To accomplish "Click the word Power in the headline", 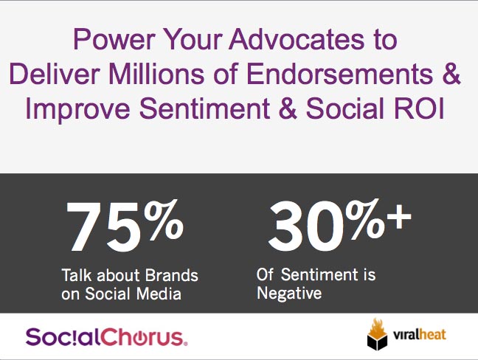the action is [114, 39].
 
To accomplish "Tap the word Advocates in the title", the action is [297, 39].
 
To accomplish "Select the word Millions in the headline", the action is [156, 74].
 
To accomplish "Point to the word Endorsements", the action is [339, 74].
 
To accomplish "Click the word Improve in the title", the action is [78, 109].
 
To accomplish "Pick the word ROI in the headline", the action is [419, 108].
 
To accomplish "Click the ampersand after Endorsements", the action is [451, 74].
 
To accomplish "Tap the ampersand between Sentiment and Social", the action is [288, 108].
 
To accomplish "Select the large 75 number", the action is [105, 226].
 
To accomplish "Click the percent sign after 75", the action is [164, 219].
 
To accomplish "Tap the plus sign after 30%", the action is [399, 216].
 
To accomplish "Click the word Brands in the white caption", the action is [171, 275].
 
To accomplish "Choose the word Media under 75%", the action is [159, 294].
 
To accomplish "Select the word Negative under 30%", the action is [289, 294].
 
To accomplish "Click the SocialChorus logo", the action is [106, 337].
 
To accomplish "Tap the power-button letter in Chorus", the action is [141, 338].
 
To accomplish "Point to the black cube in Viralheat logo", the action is [377, 342].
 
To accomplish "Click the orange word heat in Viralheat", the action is [432, 335].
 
